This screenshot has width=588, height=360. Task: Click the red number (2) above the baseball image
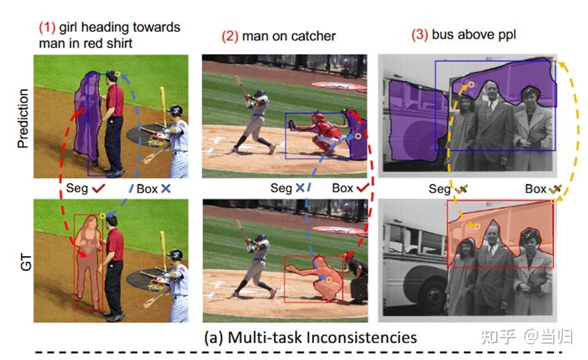tap(230, 35)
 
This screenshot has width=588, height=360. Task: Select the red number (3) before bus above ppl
tap(421, 34)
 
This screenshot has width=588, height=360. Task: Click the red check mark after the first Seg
tap(99, 188)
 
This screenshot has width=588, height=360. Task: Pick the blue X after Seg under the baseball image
tap(299, 188)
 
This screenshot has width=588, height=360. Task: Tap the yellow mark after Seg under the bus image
tap(462, 190)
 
